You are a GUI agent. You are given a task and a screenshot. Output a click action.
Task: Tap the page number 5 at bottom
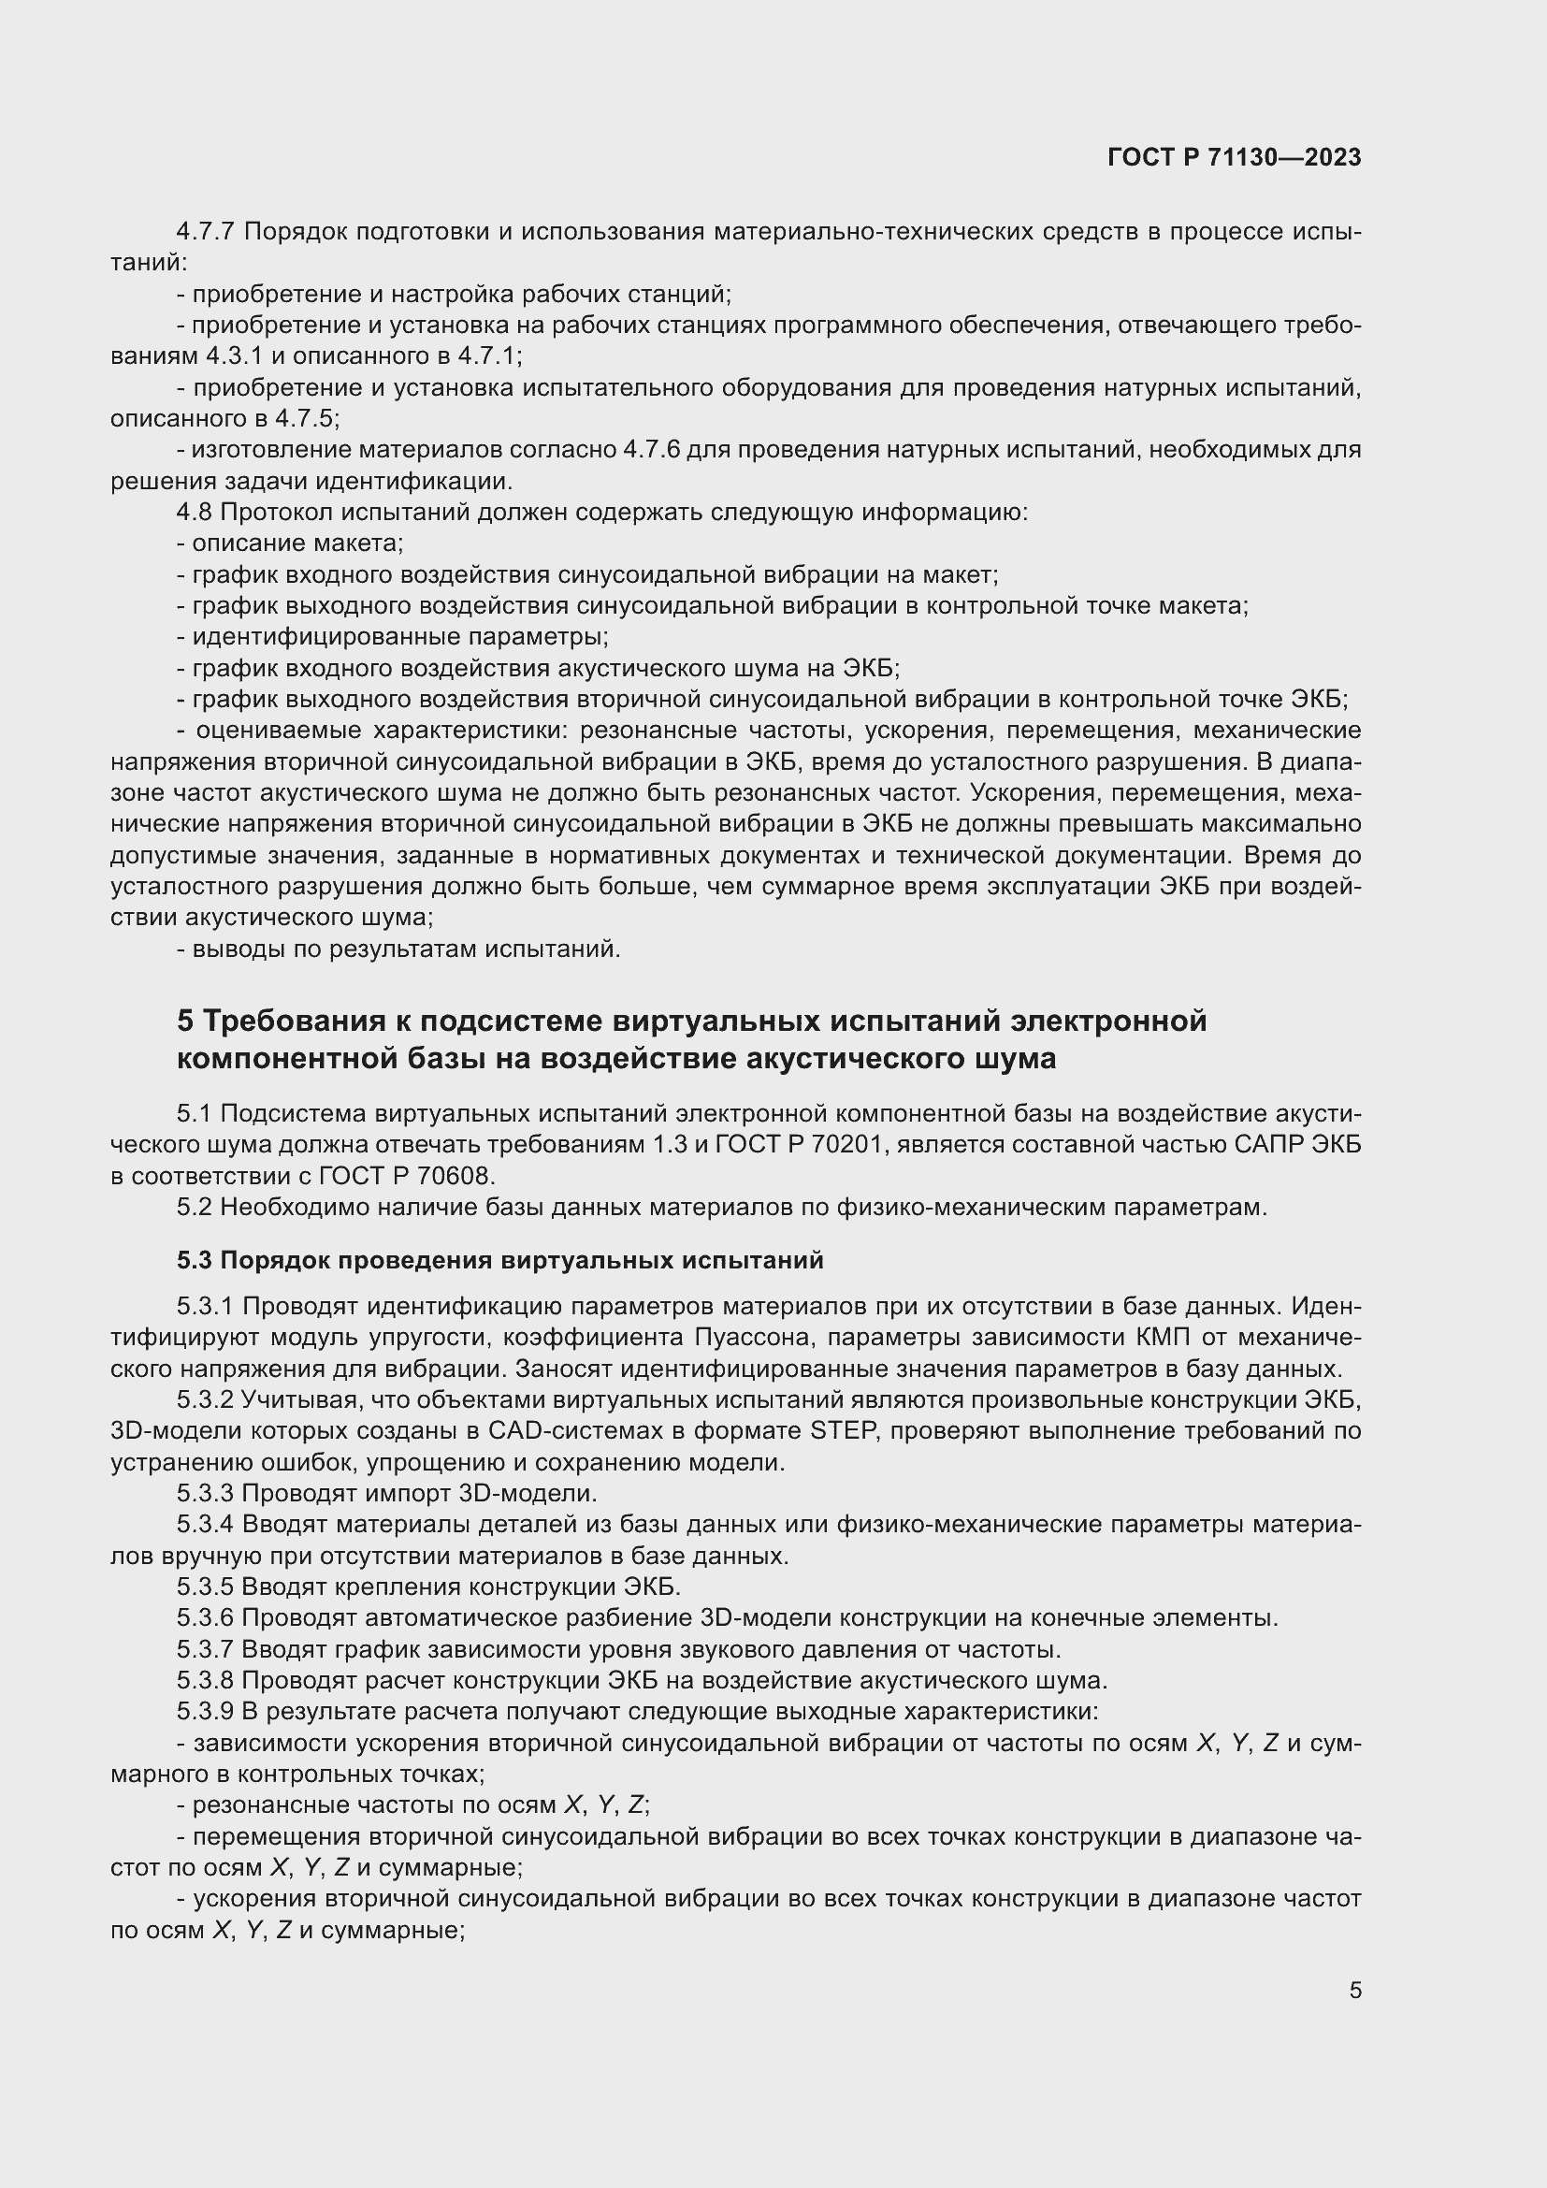[x=1354, y=1991]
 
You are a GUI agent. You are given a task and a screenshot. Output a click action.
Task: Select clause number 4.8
[x=195, y=513]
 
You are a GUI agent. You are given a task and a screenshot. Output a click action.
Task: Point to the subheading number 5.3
[x=195, y=1261]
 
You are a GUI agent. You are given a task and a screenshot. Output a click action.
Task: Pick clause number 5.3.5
[x=205, y=1587]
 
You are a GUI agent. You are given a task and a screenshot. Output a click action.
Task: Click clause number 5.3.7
[x=205, y=1649]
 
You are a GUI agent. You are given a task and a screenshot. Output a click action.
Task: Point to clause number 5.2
[x=195, y=1208]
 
